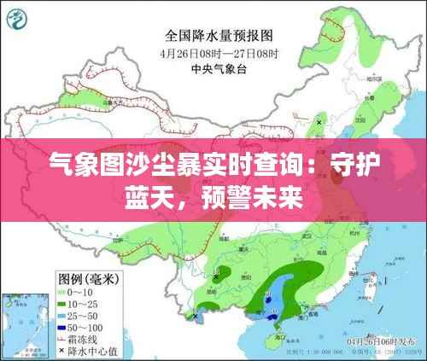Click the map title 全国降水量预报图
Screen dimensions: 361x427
[218, 36]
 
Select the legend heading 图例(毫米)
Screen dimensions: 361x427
[89, 278]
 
